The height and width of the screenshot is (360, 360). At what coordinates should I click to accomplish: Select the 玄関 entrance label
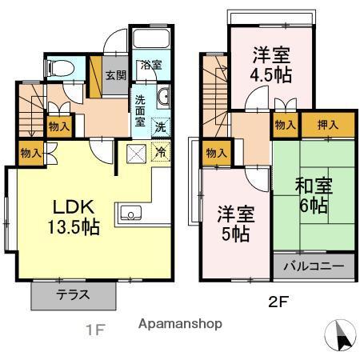(x=115, y=75)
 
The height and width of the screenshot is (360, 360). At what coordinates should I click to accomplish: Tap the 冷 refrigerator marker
(x=160, y=149)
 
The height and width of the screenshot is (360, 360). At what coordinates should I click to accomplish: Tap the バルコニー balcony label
(x=311, y=266)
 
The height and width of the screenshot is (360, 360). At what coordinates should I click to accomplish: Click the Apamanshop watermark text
(x=180, y=323)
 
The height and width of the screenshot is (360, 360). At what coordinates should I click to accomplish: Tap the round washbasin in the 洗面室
(x=163, y=98)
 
